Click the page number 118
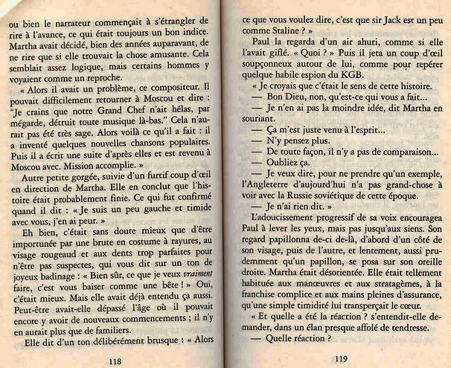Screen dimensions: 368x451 point(114,360)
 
